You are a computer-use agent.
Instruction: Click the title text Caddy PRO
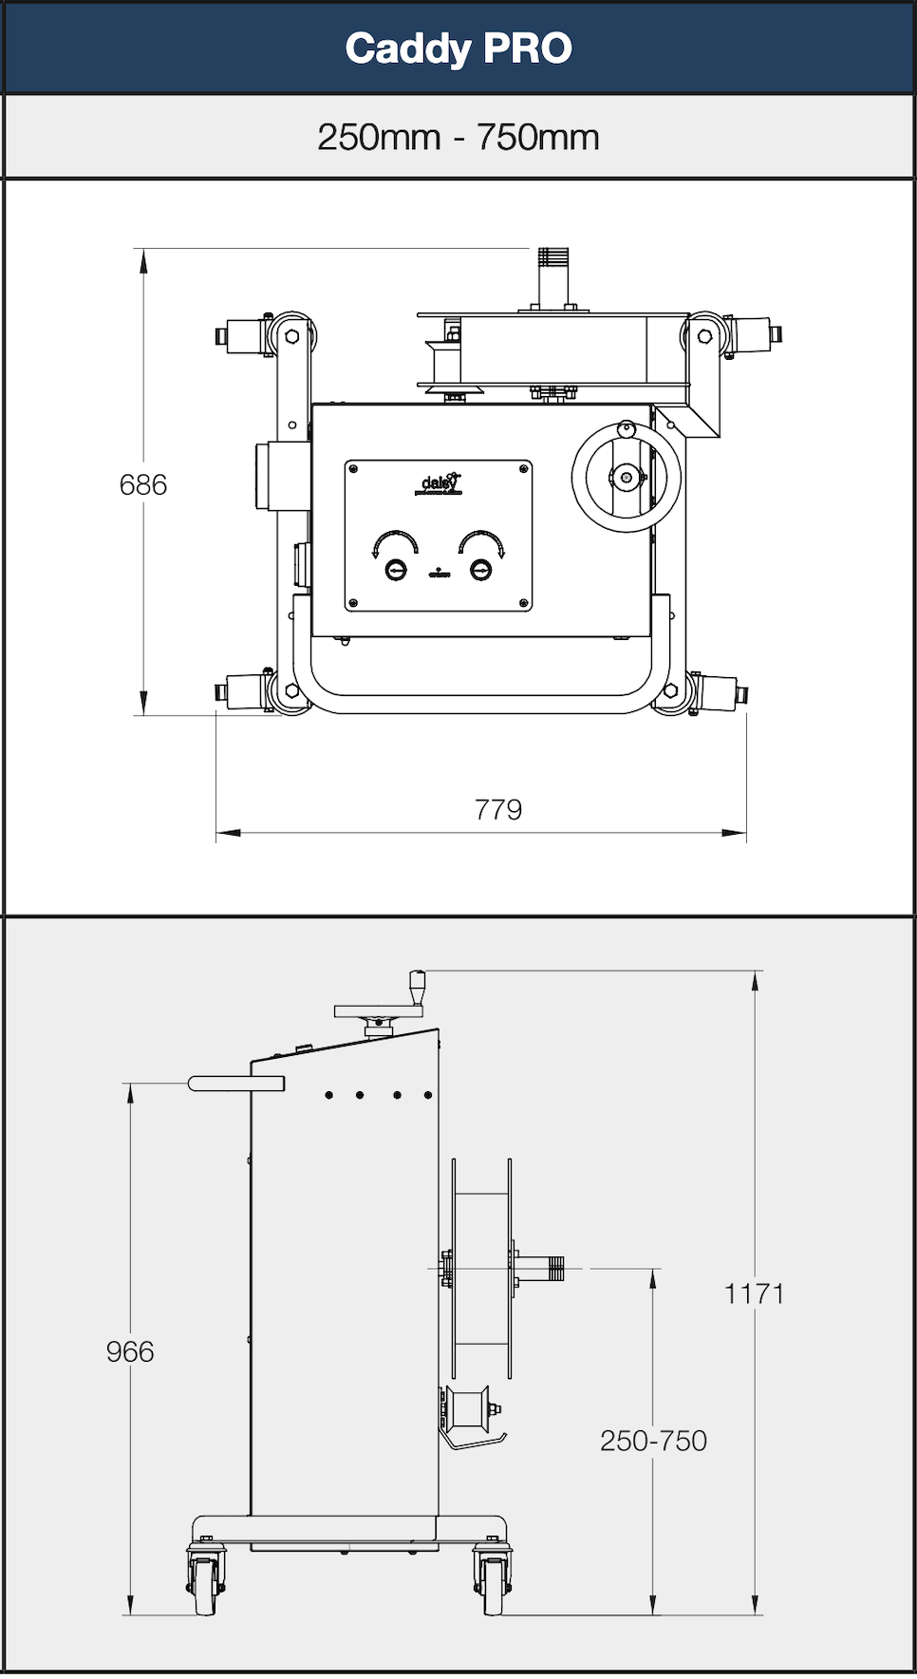pos(458,48)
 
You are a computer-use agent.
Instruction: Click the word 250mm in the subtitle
pos(379,138)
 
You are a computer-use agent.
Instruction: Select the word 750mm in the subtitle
pos(538,138)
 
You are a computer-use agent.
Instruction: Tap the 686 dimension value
pos(143,485)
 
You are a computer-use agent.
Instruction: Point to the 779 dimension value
pos(498,810)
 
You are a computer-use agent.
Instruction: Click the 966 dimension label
pos(130,1351)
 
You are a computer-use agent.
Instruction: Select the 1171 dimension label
pos(755,1293)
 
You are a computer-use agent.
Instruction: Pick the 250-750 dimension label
pos(653,1441)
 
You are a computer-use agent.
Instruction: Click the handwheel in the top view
pos(627,477)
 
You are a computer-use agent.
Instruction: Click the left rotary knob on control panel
pos(395,570)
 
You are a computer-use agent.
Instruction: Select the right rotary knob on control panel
pos(481,570)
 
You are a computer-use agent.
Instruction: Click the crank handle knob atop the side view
pos(416,984)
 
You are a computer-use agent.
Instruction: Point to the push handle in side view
pos(236,1084)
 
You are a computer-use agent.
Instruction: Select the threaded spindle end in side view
pos(552,1268)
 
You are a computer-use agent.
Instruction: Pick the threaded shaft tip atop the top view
pos(552,257)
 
